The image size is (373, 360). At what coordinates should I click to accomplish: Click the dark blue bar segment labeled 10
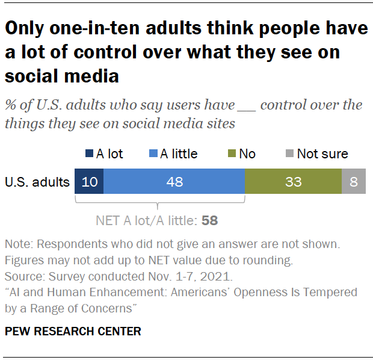tap(89, 181)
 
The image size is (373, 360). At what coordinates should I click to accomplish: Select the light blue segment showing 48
tap(174, 181)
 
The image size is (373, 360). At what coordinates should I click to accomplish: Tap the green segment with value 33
tap(293, 181)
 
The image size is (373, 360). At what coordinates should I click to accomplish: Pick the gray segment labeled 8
tap(354, 181)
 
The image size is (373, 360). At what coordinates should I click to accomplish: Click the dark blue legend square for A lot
tap(90, 154)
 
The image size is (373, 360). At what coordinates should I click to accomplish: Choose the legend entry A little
tap(179, 154)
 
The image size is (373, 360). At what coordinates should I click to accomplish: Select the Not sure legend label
tap(322, 154)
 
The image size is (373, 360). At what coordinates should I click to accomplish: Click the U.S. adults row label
tap(37, 181)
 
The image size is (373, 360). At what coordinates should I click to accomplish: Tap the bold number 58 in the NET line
tap(209, 221)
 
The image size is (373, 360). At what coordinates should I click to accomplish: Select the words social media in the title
tap(62, 76)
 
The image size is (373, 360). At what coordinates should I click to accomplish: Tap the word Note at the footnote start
tap(17, 245)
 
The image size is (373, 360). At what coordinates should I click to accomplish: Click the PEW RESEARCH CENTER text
tap(73, 331)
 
